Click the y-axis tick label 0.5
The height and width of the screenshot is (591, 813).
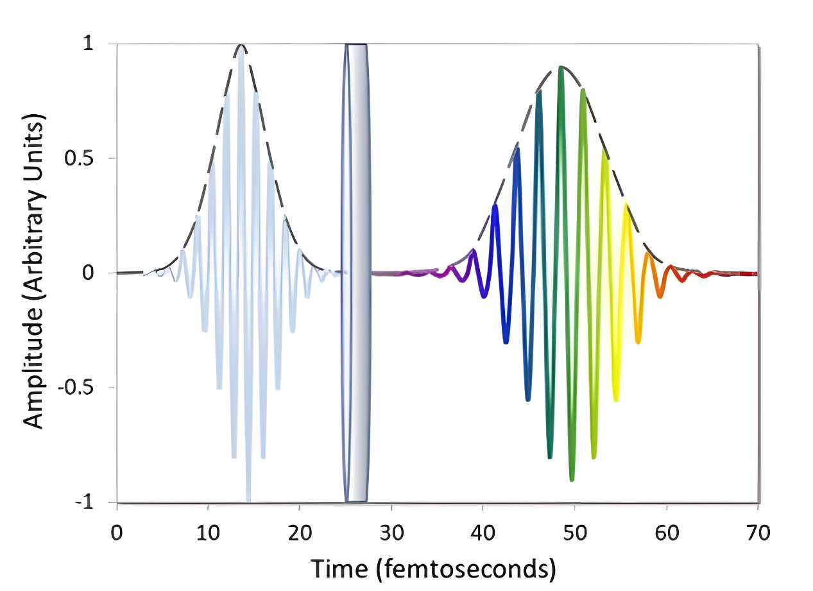pos(83,158)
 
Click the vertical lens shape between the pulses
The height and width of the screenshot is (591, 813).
pos(356,273)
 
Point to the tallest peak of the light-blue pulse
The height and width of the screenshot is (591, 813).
pos(241,49)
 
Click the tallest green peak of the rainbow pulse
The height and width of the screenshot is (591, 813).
pos(561,69)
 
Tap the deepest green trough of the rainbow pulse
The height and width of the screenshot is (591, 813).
pos(572,478)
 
